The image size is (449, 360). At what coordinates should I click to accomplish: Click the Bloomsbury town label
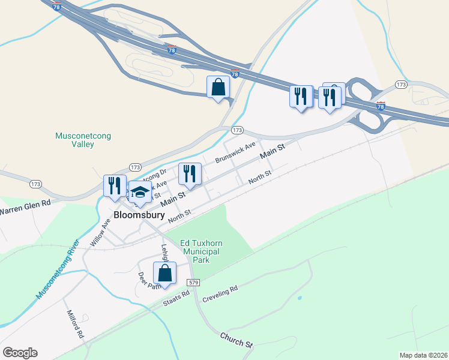click(x=139, y=215)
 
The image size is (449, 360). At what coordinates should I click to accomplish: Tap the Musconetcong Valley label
click(x=74, y=140)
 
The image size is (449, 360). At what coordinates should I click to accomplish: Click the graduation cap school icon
click(x=140, y=193)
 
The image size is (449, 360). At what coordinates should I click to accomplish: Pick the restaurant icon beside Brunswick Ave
click(x=190, y=174)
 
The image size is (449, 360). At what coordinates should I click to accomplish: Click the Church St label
click(x=236, y=340)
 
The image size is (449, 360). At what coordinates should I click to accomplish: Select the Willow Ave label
click(x=100, y=232)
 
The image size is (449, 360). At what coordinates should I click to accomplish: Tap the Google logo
click(x=20, y=353)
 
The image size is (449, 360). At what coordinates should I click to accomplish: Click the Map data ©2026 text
click(x=424, y=355)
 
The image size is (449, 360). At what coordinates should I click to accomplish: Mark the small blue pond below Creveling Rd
click(x=299, y=298)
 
